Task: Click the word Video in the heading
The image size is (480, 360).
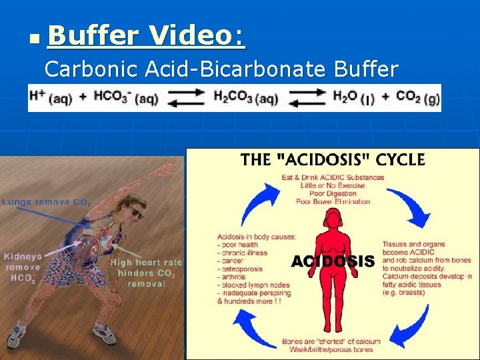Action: pyautogui.click(x=198, y=35)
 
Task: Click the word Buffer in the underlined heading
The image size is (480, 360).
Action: pyautogui.click(x=93, y=35)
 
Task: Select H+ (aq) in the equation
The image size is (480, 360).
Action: pyautogui.click(x=51, y=97)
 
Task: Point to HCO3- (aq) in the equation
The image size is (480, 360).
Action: pyautogui.click(x=125, y=97)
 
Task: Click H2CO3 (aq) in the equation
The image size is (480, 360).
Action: pyautogui.click(x=245, y=97)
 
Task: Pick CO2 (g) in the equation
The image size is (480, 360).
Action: pyautogui.click(x=417, y=97)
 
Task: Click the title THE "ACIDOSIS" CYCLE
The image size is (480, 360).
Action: pyautogui.click(x=333, y=159)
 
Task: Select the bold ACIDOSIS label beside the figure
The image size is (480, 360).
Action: pyautogui.click(x=333, y=261)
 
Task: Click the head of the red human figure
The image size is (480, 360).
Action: pyautogui.click(x=331, y=219)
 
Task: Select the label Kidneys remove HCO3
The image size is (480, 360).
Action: pyautogui.click(x=23, y=267)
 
